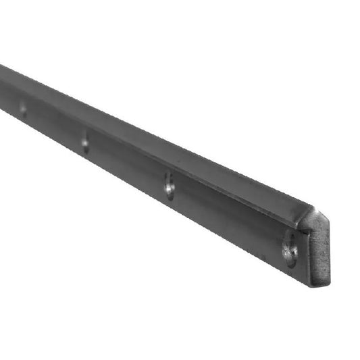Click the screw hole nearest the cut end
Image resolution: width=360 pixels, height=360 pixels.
click(290, 249)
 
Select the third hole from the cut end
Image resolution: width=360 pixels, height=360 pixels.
click(85, 143)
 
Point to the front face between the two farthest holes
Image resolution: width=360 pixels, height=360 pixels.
click(54, 127)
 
